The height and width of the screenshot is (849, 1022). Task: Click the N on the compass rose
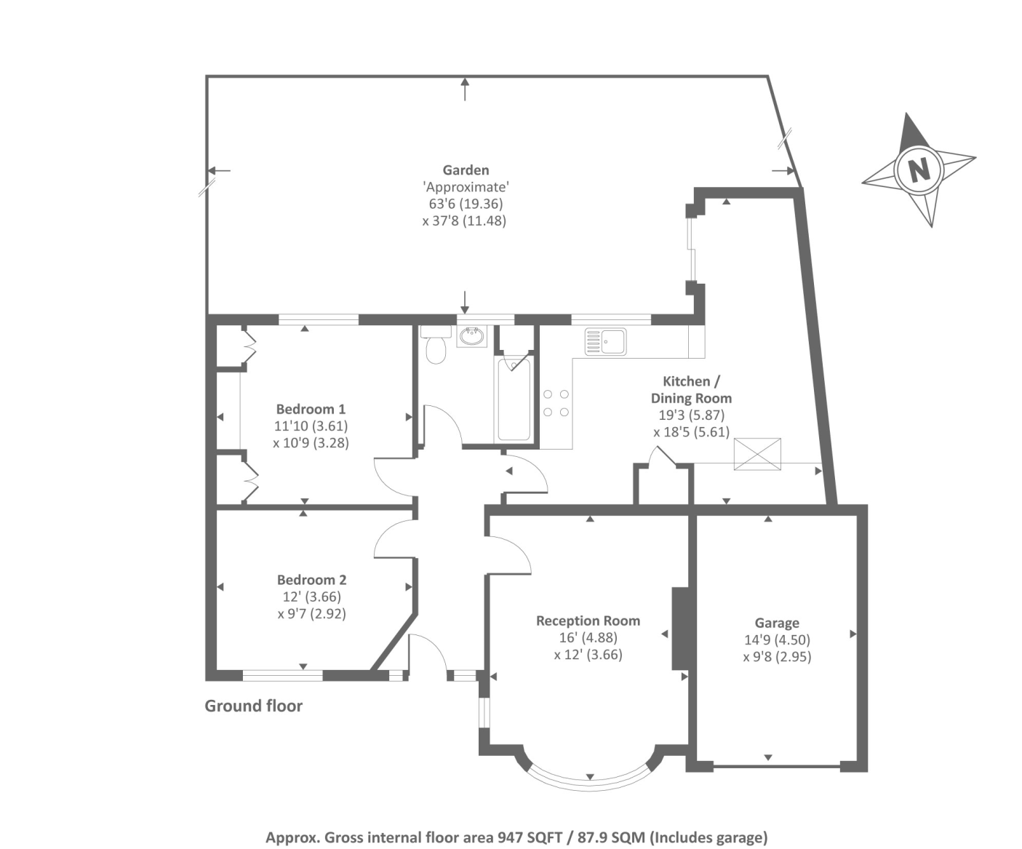point(919,170)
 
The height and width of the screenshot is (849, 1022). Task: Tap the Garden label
point(466,170)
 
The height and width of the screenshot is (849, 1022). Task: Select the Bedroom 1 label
point(311,409)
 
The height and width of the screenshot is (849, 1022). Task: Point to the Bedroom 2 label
point(311,580)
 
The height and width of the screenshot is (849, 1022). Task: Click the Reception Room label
point(588,621)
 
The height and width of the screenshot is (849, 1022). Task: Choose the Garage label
point(777,623)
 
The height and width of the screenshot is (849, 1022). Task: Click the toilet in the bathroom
point(436,348)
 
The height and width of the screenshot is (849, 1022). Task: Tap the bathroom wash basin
point(471,337)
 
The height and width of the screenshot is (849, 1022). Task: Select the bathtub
point(514,400)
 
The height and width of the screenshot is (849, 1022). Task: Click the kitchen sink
point(606,341)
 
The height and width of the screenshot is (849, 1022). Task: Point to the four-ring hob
point(556,403)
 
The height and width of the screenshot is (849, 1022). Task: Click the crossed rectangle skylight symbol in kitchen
point(756,454)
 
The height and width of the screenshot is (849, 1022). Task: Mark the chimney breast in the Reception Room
point(679,628)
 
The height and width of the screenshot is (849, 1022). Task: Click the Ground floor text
point(253,706)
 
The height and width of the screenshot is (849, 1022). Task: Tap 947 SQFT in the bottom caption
point(530,837)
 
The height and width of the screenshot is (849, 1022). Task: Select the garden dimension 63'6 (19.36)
point(466,204)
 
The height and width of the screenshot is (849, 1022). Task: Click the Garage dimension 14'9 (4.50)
point(777,639)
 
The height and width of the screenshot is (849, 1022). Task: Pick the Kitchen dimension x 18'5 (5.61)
point(691,432)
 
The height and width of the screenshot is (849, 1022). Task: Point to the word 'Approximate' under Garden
point(466,187)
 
